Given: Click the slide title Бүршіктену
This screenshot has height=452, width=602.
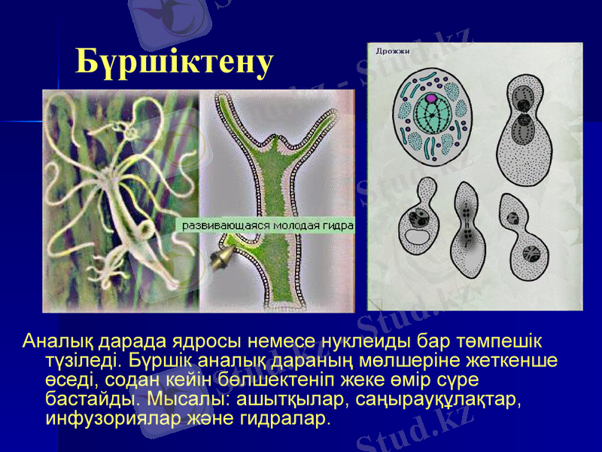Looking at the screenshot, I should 174,63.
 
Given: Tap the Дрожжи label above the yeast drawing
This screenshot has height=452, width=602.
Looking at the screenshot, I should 393,51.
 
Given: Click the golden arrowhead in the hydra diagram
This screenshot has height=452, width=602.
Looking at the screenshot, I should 221,261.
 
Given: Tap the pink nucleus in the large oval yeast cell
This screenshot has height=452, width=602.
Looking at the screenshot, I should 430,99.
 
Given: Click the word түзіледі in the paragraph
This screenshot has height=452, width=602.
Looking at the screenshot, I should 78,360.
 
